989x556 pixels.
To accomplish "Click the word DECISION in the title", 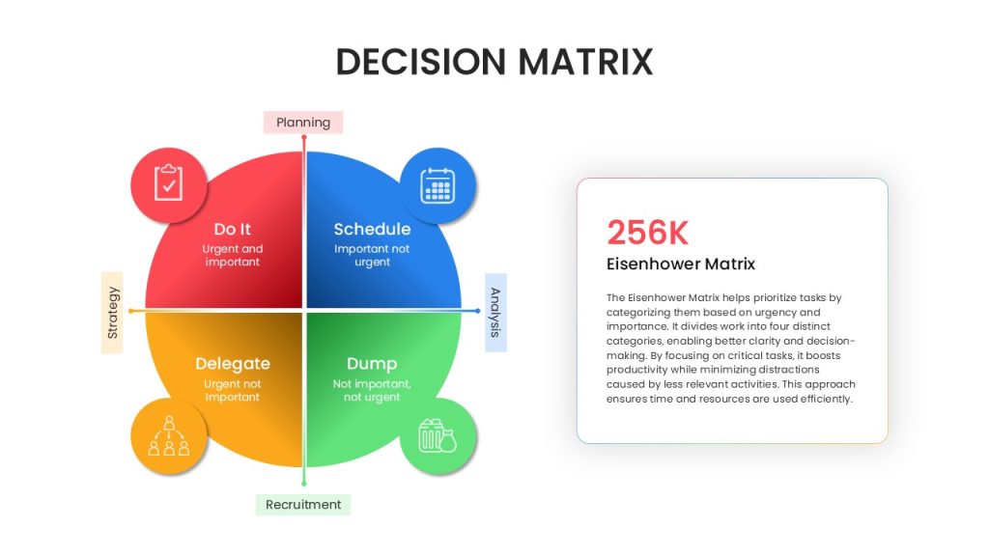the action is (x=421, y=62).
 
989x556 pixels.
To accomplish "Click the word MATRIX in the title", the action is (x=585, y=62).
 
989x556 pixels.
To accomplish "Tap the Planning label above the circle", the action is (x=303, y=123).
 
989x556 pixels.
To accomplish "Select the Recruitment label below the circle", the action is (x=303, y=504).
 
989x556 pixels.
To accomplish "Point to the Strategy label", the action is (x=112, y=313).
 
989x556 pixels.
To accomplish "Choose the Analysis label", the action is (x=495, y=313).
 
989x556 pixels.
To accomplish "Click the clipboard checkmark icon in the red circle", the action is (x=168, y=182).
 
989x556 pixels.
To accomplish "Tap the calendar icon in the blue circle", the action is (x=438, y=185).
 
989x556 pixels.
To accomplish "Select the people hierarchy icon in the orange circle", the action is (x=168, y=435).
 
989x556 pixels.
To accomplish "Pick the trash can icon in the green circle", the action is (x=438, y=435).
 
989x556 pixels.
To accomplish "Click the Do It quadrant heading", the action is (x=232, y=229).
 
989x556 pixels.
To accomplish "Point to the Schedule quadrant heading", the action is (x=372, y=229).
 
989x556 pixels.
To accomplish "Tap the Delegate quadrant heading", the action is (x=233, y=364).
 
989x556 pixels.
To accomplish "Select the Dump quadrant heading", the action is (x=372, y=364).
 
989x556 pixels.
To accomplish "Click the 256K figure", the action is (x=648, y=233).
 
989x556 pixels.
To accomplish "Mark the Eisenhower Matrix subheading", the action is (x=681, y=264).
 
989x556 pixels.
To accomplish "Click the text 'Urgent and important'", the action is (x=232, y=255).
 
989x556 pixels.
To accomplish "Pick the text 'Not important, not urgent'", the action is (x=372, y=390).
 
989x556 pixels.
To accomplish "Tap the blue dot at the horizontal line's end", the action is (x=477, y=311).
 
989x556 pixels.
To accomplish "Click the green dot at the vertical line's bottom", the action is (x=304, y=484).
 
